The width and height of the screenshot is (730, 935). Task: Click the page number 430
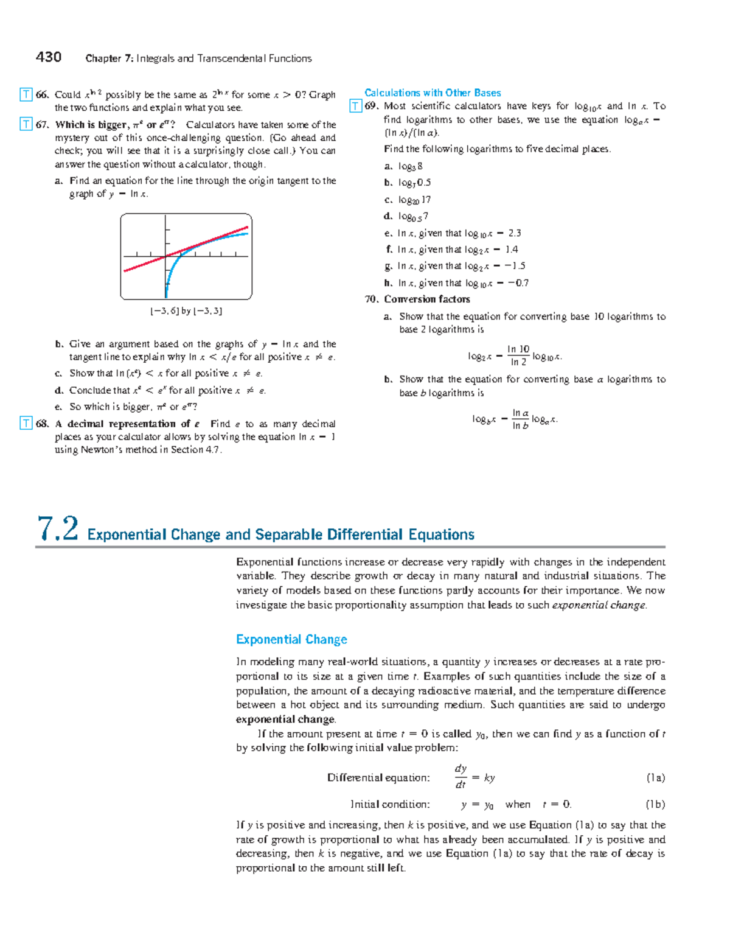pyautogui.click(x=49, y=57)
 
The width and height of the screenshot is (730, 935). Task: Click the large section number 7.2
pyautogui.click(x=58, y=528)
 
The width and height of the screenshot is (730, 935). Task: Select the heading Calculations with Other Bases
pyautogui.click(x=433, y=93)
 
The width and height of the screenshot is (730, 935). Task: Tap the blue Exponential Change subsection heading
pyautogui.click(x=291, y=639)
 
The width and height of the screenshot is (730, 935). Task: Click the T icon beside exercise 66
pyautogui.click(x=26, y=94)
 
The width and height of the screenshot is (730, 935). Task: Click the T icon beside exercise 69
pyautogui.click(x=355, y=107)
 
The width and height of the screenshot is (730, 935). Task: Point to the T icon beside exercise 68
pyautogui.click(x=26, y=424)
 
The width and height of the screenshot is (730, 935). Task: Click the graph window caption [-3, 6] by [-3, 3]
pyautogui.click(x=186, y=311)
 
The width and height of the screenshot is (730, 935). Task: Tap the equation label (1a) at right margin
pyautogui.click(x=655, y=778)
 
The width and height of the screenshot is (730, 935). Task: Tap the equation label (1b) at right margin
pyautogui.click(x=655, y=804)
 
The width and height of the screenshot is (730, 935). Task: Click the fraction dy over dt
pyautogui.click(x=461, y=777)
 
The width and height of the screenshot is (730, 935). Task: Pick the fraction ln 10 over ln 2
pyautogui.click(x=518, y=355)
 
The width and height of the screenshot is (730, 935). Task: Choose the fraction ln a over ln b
pyautogui.click(x=520, y=419)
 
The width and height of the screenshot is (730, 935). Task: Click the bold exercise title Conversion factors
pyautogui.click(x=426, y=299)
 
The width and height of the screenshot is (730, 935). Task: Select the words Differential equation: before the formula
pyautogui.click(x=378, y=778)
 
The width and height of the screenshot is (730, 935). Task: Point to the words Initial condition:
pyautogui.click(x=390, y=804)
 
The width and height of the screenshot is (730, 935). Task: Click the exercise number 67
pyautogui.click(x=42, y=125)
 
